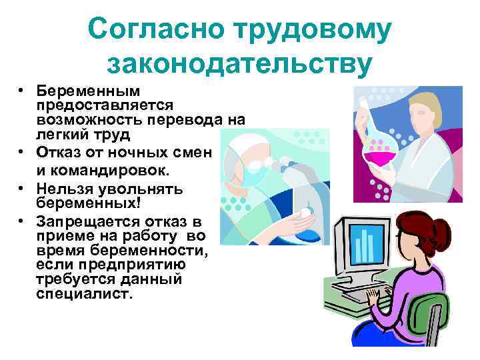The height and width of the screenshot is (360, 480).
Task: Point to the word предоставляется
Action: [x=105, y=105]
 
